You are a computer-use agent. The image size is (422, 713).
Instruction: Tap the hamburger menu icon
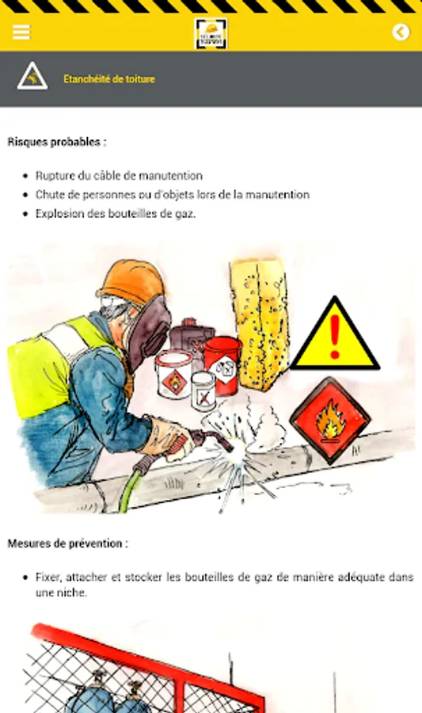point(21,32)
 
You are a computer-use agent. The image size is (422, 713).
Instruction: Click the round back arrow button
point(401,32)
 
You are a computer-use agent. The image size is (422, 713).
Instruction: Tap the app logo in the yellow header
point(211,33)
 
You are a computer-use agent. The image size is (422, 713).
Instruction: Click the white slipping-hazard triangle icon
point(32,76)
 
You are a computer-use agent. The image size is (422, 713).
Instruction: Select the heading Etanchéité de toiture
point(109,79)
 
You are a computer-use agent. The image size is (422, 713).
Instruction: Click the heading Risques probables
point(57,142)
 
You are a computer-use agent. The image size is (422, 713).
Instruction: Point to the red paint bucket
point(222,365)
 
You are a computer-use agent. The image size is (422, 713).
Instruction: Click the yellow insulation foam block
point(259,324)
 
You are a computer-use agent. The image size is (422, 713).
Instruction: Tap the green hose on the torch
point(130,490)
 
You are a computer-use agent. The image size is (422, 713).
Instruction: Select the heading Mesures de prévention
point(67,543)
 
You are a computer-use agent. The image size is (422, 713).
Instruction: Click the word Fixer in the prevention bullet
point(48,578)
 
